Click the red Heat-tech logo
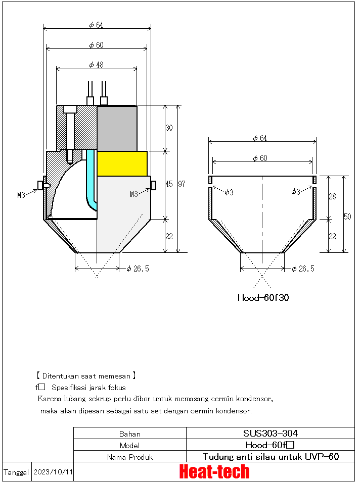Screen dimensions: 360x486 (214, 472)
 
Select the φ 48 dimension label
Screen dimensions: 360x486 (96, 65)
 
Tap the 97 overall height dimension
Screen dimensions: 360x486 (182, 184)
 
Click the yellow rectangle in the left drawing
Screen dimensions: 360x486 (122, 164)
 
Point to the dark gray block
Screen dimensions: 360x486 (117, 128)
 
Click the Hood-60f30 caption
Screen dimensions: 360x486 (263, 298)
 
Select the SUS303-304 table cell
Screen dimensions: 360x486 (270, 433)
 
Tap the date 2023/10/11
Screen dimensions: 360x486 (53, 472)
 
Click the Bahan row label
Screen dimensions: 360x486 (130, 434)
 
